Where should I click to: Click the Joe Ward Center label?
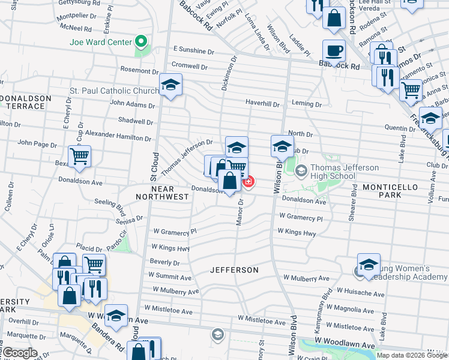pos(100,42)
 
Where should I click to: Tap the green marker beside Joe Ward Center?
pos(142,42)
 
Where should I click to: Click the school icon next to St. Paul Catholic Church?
pos(170,85)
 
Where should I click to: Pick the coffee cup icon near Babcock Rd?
pos(334,50)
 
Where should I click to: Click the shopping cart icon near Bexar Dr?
pos(79,157)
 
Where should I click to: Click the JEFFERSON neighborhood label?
pos(234,270)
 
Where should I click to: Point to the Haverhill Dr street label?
pos(262,103)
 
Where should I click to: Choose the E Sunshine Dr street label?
pos(193,51)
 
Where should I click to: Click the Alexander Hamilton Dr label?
pos(118,135)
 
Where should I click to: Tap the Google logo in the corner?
pos(20,353)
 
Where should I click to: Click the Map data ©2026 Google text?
pos(411,355)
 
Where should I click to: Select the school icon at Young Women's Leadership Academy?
pos(369,264)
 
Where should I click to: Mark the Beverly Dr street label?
pos(164,263)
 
